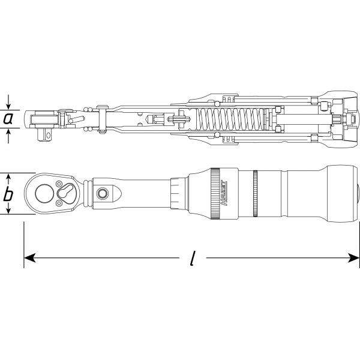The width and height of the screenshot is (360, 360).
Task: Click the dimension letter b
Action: point(8,194)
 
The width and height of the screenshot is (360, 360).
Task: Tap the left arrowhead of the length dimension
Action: point(29,259)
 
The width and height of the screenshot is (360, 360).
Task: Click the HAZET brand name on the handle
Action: point(223,194)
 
